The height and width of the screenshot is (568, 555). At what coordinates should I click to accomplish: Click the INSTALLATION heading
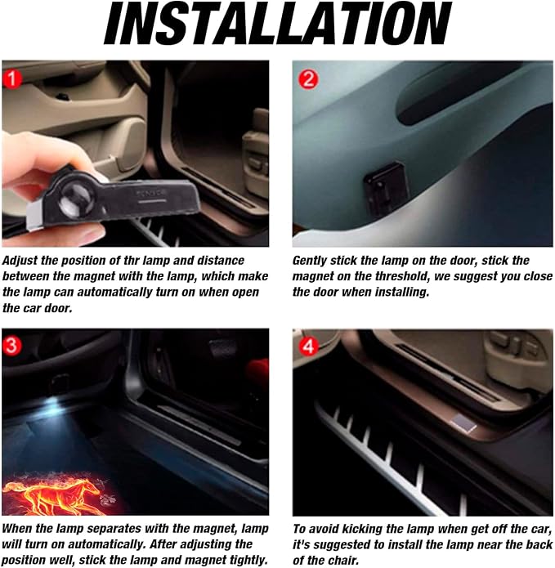point(278,23)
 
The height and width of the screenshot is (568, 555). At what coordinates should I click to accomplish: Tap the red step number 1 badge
point(12,78)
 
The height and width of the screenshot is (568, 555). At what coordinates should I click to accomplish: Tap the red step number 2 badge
point(308,78)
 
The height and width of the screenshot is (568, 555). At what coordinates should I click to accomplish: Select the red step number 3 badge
point(11,345)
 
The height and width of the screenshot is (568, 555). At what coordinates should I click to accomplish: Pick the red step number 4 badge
point(308,347)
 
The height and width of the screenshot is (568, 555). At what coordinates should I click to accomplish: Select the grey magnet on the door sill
point(463,423)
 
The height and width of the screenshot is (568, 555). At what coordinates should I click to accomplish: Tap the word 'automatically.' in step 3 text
point(106,544)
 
